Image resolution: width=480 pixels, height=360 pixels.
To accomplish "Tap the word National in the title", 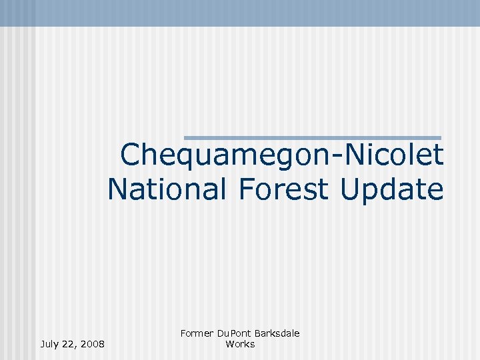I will [166, 189].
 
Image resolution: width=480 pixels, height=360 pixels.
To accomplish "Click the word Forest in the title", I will [283, 189].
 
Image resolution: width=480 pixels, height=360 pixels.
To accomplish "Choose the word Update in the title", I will [391, 189].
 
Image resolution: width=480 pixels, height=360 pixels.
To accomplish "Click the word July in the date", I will [50, 344].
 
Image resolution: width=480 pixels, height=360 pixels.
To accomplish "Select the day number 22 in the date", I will [71, 344].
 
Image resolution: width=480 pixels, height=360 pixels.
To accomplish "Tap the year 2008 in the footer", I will [92, 344].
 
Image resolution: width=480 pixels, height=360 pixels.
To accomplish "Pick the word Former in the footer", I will [197, 333].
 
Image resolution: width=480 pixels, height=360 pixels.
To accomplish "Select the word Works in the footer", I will [240, 344].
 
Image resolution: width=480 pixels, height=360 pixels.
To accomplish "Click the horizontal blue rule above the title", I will [312, 137].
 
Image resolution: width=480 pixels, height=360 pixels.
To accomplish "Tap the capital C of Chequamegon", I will [131, 156].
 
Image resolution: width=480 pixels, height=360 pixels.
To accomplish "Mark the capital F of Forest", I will [243, 189].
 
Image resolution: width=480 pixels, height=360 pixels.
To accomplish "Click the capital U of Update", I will [349, 189].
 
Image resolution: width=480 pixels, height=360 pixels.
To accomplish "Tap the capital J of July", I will [43, 344].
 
